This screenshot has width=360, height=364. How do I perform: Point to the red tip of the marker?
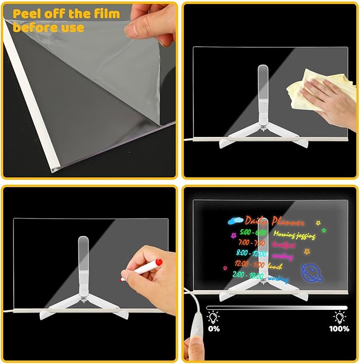click(158, 263)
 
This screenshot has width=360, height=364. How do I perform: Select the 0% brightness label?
click(214, 328)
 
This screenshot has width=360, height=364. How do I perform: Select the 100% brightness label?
click(339, 328)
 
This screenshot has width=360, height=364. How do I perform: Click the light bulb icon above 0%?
click(214, 317)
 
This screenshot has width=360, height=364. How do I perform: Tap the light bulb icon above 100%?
click(339, 317)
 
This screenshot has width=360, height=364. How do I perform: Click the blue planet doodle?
click(312, 272)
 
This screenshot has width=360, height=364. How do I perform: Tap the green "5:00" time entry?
click(245, 232)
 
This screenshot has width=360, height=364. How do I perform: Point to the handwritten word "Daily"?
click(257, 221)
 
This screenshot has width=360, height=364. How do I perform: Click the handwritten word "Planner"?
click(288, 222)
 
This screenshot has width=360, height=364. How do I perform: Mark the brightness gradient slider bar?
click(276, 307)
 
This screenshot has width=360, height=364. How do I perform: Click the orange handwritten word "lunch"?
click(275, 265)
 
